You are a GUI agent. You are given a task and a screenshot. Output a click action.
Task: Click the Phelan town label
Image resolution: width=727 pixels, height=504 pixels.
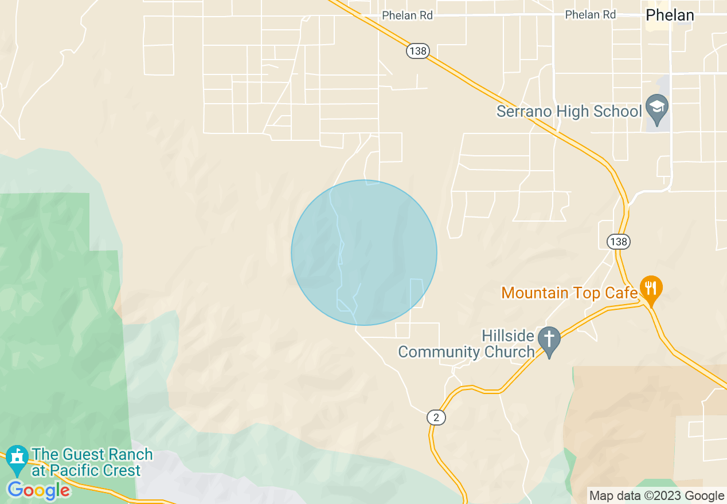click(x=670, y=15)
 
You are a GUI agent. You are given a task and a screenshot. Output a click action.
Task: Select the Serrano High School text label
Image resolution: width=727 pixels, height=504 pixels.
click(x=569, y=111)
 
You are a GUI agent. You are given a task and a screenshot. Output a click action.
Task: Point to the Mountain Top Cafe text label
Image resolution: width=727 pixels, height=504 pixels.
click(x=569, y=293)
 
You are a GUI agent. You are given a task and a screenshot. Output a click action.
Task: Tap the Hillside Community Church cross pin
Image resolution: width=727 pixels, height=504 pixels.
click(x=549, y=341)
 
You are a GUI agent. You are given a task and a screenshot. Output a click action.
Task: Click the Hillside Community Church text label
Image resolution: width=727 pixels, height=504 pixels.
click(x=467, y=343)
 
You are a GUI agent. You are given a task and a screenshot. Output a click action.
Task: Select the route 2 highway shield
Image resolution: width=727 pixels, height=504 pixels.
click(x=436, y=418)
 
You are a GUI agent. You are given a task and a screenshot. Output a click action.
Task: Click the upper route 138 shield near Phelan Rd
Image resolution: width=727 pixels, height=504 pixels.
click(x=418, y=51)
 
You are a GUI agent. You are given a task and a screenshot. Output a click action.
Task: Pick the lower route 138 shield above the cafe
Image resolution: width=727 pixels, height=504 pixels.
click(x=619, y=242)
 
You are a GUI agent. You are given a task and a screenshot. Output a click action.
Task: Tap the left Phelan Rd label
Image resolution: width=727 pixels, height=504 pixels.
click(x=407, y=15)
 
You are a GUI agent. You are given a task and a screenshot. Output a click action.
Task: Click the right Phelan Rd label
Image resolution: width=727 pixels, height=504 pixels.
click(x=591, y=15)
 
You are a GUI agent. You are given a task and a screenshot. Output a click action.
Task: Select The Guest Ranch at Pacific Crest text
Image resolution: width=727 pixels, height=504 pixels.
click(x=92, y=463)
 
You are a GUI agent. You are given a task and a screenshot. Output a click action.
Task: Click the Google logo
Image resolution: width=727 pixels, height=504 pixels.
click(x=39, y=490)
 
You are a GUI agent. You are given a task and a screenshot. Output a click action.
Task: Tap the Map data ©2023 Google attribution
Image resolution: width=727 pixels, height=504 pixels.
click(x=657, y=496)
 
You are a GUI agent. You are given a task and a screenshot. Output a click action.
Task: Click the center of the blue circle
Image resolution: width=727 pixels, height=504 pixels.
click(x=364, y=253)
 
